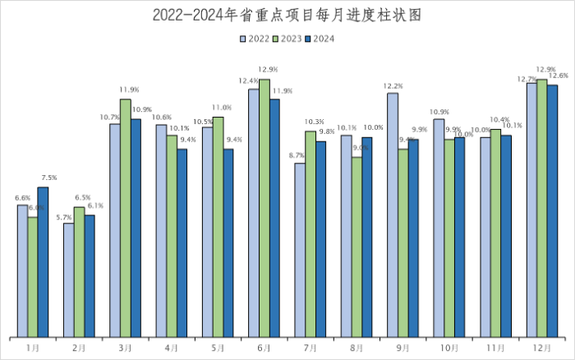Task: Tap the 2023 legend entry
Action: [287, 38]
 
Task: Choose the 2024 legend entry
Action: [320, 38]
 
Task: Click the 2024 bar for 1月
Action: [43, 262]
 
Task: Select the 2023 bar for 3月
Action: [125, 218]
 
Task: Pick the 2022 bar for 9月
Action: [393, 215]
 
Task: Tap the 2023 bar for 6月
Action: [264, 208]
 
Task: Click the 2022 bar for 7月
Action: [300, 250]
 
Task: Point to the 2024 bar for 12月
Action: [552, 210]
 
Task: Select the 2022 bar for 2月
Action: [69, 279]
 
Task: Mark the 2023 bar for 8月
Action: [356, 247]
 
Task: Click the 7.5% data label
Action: [48, 178]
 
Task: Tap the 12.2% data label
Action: [393, 85]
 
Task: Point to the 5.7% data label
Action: [63, 216]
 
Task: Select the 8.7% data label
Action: [297, 155]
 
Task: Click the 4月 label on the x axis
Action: [171, 348]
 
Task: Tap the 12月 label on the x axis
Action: [541, 348]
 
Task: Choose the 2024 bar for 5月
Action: [228, 242]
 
